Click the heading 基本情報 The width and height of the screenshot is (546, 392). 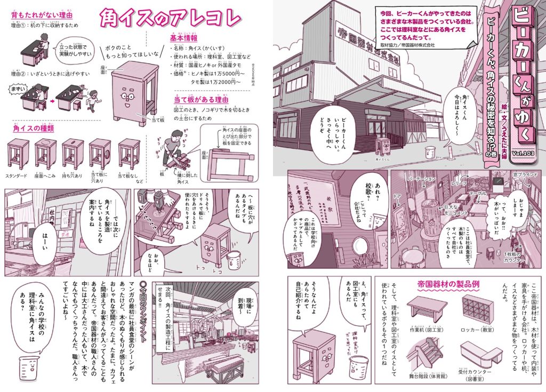point(184,38)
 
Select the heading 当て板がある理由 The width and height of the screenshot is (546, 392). point(200,99)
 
